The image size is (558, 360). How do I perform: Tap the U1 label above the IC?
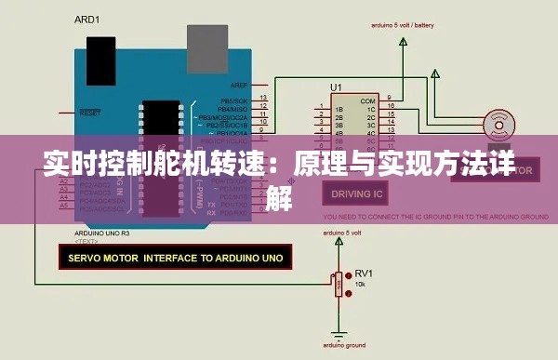pos(336,87)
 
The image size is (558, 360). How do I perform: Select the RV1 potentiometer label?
pos(364,273)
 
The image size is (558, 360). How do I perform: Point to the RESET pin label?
pos(90,113)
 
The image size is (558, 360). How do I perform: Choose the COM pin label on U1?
pos(368,100)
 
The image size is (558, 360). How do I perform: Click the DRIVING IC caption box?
pos(358,193)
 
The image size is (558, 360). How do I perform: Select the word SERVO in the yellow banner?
pos(83,255)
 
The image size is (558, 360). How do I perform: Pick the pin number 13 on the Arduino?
pos(264,97)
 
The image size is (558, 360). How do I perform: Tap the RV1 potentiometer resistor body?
pos(337,283)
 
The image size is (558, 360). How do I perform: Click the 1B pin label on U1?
pos(339,110)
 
